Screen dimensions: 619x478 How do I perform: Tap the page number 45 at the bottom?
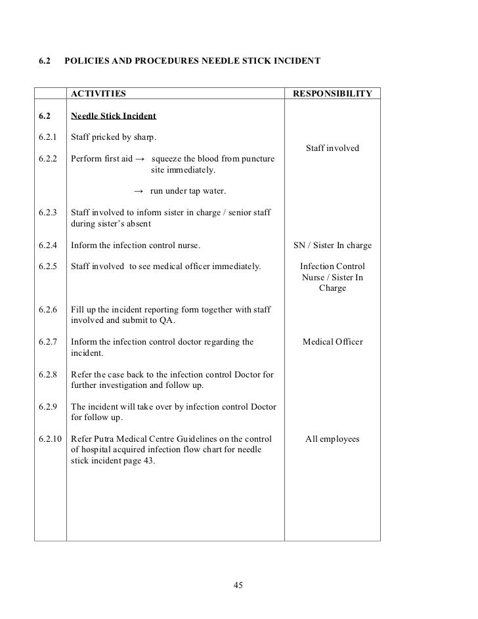239,586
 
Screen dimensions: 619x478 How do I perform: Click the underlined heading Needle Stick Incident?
113,116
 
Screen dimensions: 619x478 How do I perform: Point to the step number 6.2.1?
49,137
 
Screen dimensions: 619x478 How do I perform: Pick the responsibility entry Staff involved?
332,148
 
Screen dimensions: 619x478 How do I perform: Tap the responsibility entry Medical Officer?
332,341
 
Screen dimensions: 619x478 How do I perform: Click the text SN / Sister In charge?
332,245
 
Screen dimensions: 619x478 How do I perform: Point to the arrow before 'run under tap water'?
138,191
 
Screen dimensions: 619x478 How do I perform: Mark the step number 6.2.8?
49,374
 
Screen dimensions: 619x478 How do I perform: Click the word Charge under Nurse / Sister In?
332,288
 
